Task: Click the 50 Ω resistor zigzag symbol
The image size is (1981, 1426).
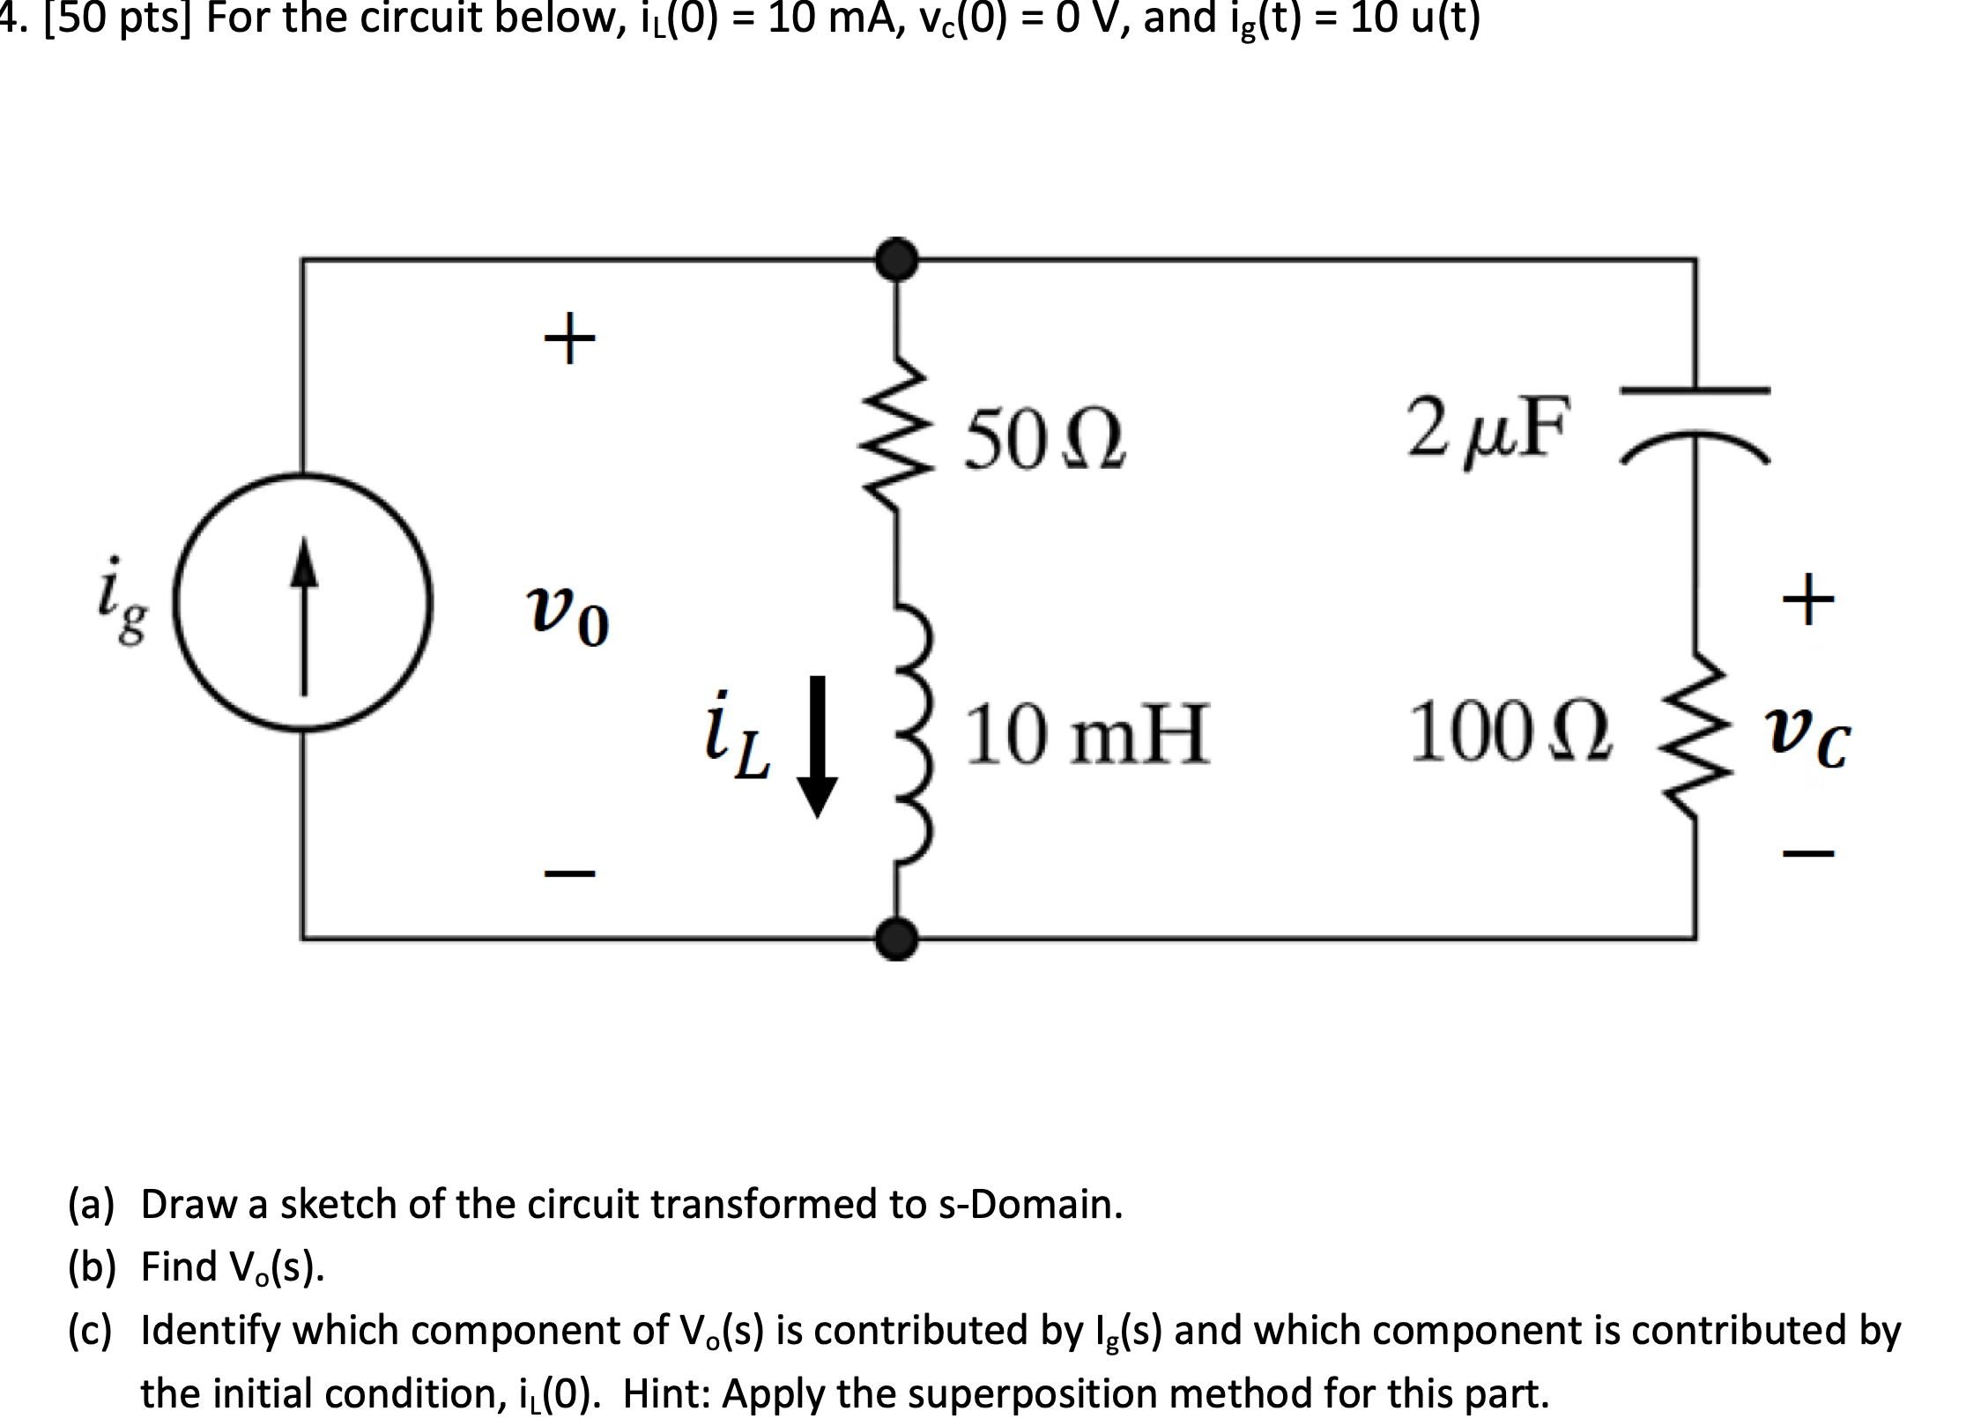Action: pyautogui.click(x=898, y=429)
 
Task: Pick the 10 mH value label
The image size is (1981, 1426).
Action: pyautogui.click(x=1086, y=737)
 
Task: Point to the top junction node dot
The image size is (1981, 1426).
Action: pyautogui.click(x=897, y=259)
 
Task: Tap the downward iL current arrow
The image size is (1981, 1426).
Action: pyautogui.click(x=817, y=746)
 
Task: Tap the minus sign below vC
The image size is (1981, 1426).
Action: pyautogui.click(x=1808, y=852)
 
